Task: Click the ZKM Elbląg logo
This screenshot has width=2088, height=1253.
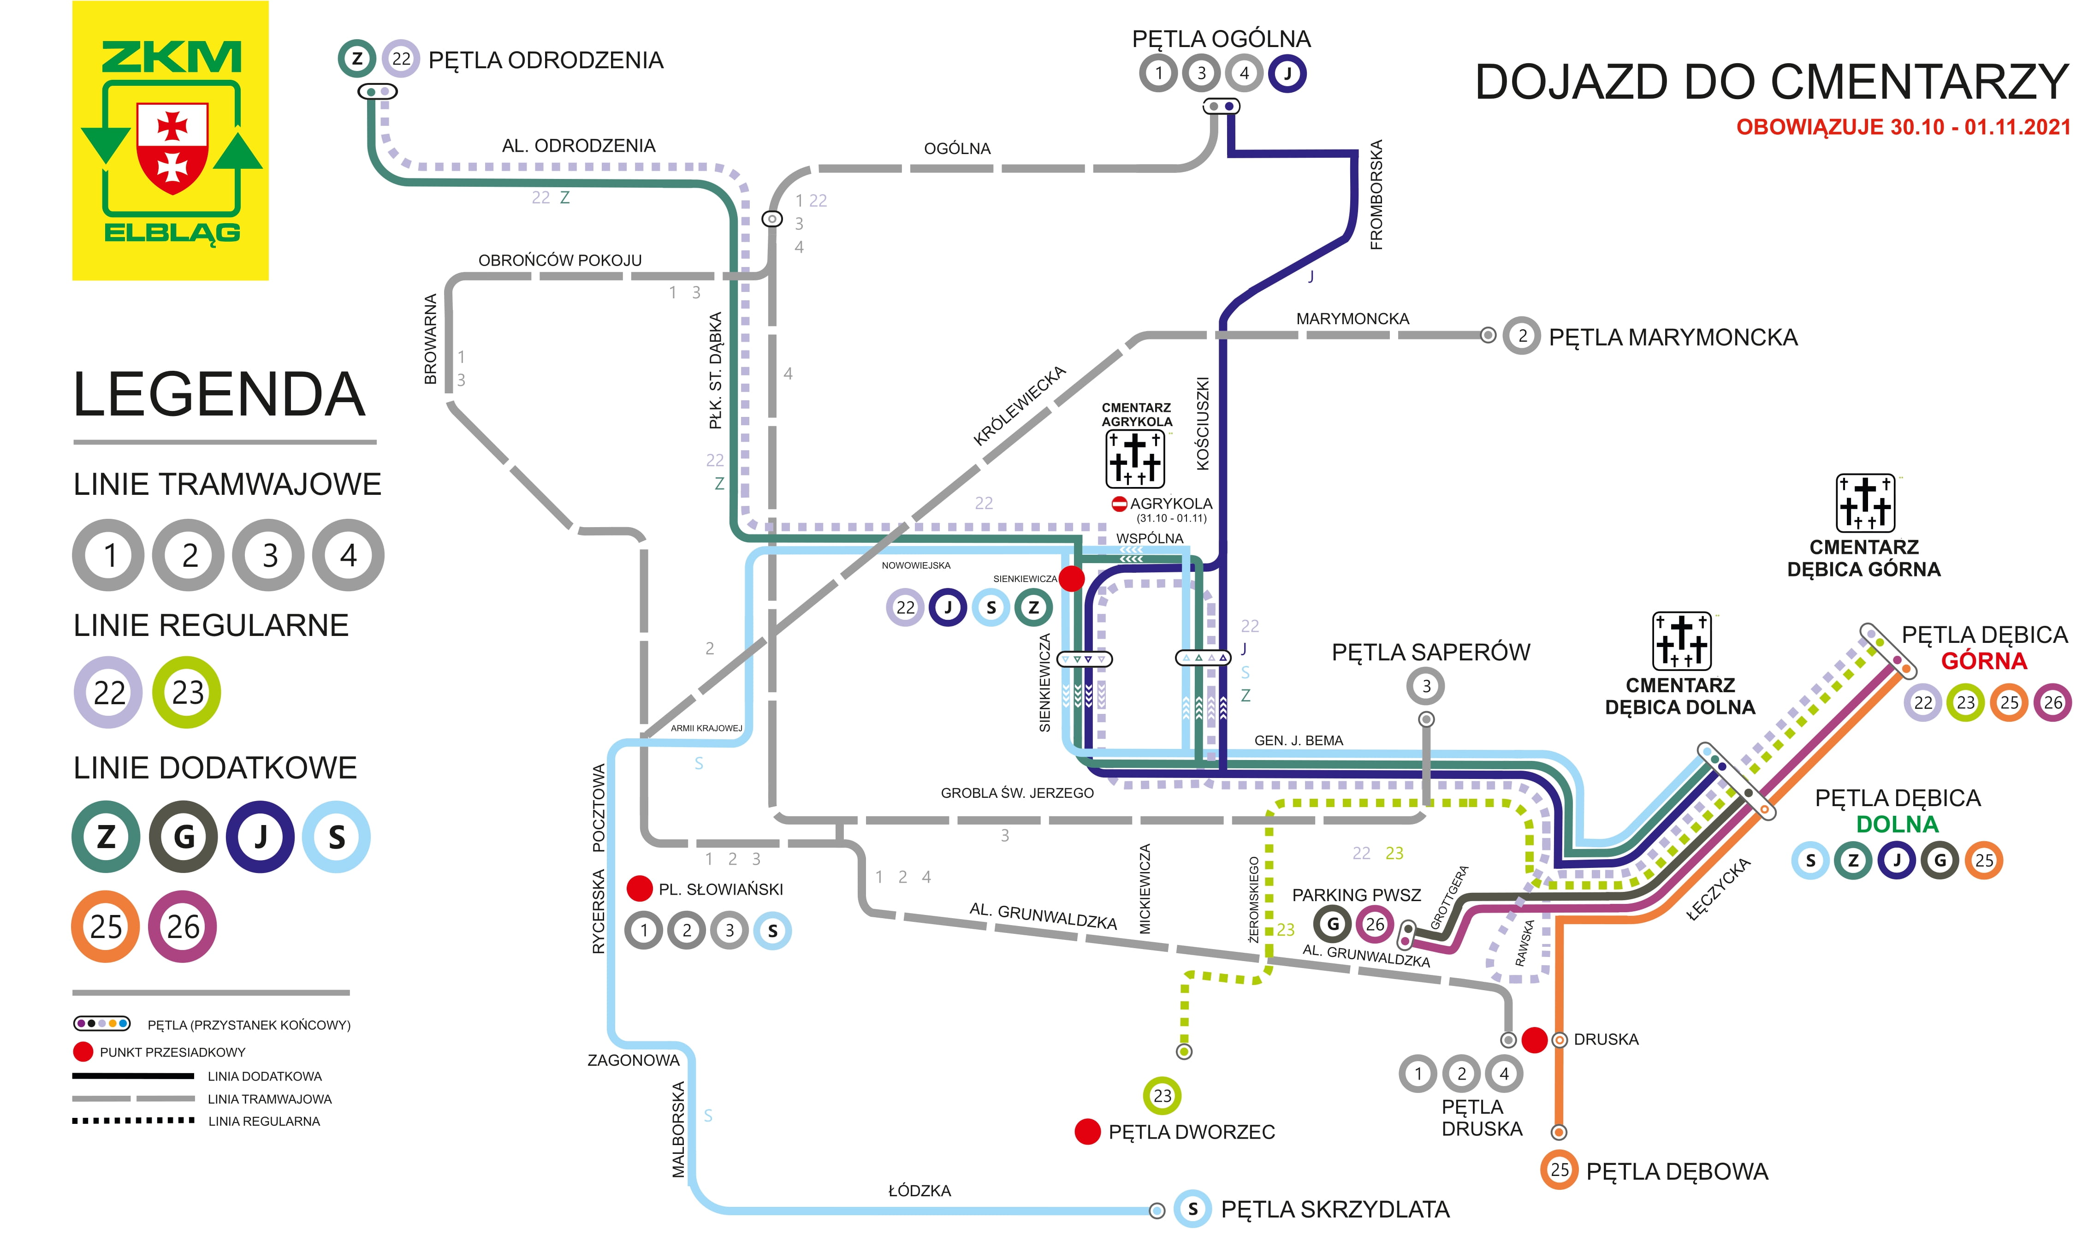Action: [x=171, y=140]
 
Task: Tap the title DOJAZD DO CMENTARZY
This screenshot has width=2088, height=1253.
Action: [x=1771, y=82]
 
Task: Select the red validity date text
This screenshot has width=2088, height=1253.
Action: [x=1903, y=127]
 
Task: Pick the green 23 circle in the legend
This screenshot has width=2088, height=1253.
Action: [x=187, y=692]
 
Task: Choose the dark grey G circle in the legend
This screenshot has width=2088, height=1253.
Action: [x=183, y=837]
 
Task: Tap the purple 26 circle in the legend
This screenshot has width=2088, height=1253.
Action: [x=182, y=926]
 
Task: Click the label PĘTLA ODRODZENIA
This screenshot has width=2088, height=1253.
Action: [x=546, y=60]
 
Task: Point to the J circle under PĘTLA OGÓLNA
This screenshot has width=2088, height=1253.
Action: [x=1287, y=73]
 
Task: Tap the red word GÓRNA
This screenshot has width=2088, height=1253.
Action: [x=1984, y=661]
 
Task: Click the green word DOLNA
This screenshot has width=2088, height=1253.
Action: [x=1897, y=824]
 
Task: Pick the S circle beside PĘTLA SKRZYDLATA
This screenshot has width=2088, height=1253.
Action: [x=1193, y=1209]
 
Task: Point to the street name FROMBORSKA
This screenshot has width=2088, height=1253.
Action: [x=1376, y=194]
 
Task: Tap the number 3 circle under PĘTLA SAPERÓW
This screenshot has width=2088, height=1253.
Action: [x=1426, y=686]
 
